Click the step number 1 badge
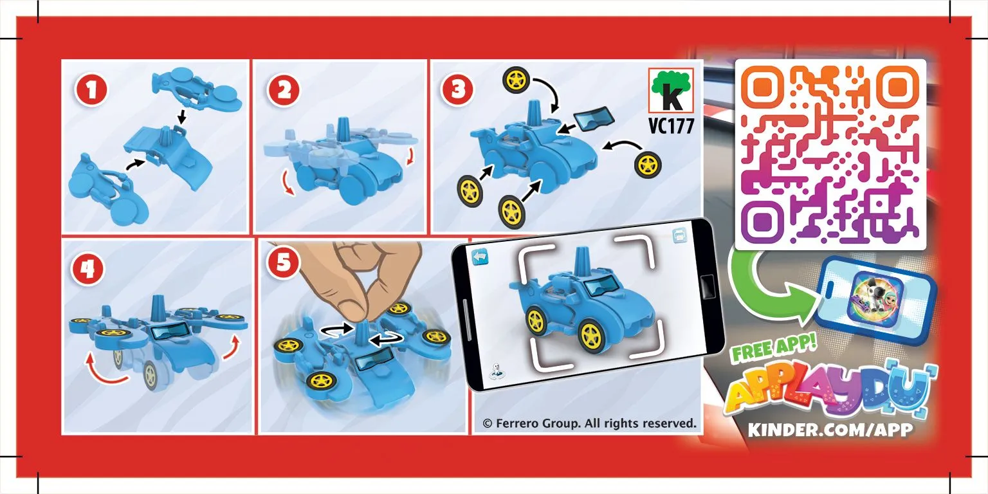coord(91,90)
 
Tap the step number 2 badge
coord(283,90)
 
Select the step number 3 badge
coord(457,90)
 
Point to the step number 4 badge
coord(87,269)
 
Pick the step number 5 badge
coord(284,262)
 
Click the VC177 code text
coord(672,125)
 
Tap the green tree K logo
coord(671,91)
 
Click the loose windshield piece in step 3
coord(594,118)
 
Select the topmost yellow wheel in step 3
coord(516,80)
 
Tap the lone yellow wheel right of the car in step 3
coord(648,165)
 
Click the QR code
coord(830,154)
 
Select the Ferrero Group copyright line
coord(589,423)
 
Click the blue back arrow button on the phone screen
coord(480,257)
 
